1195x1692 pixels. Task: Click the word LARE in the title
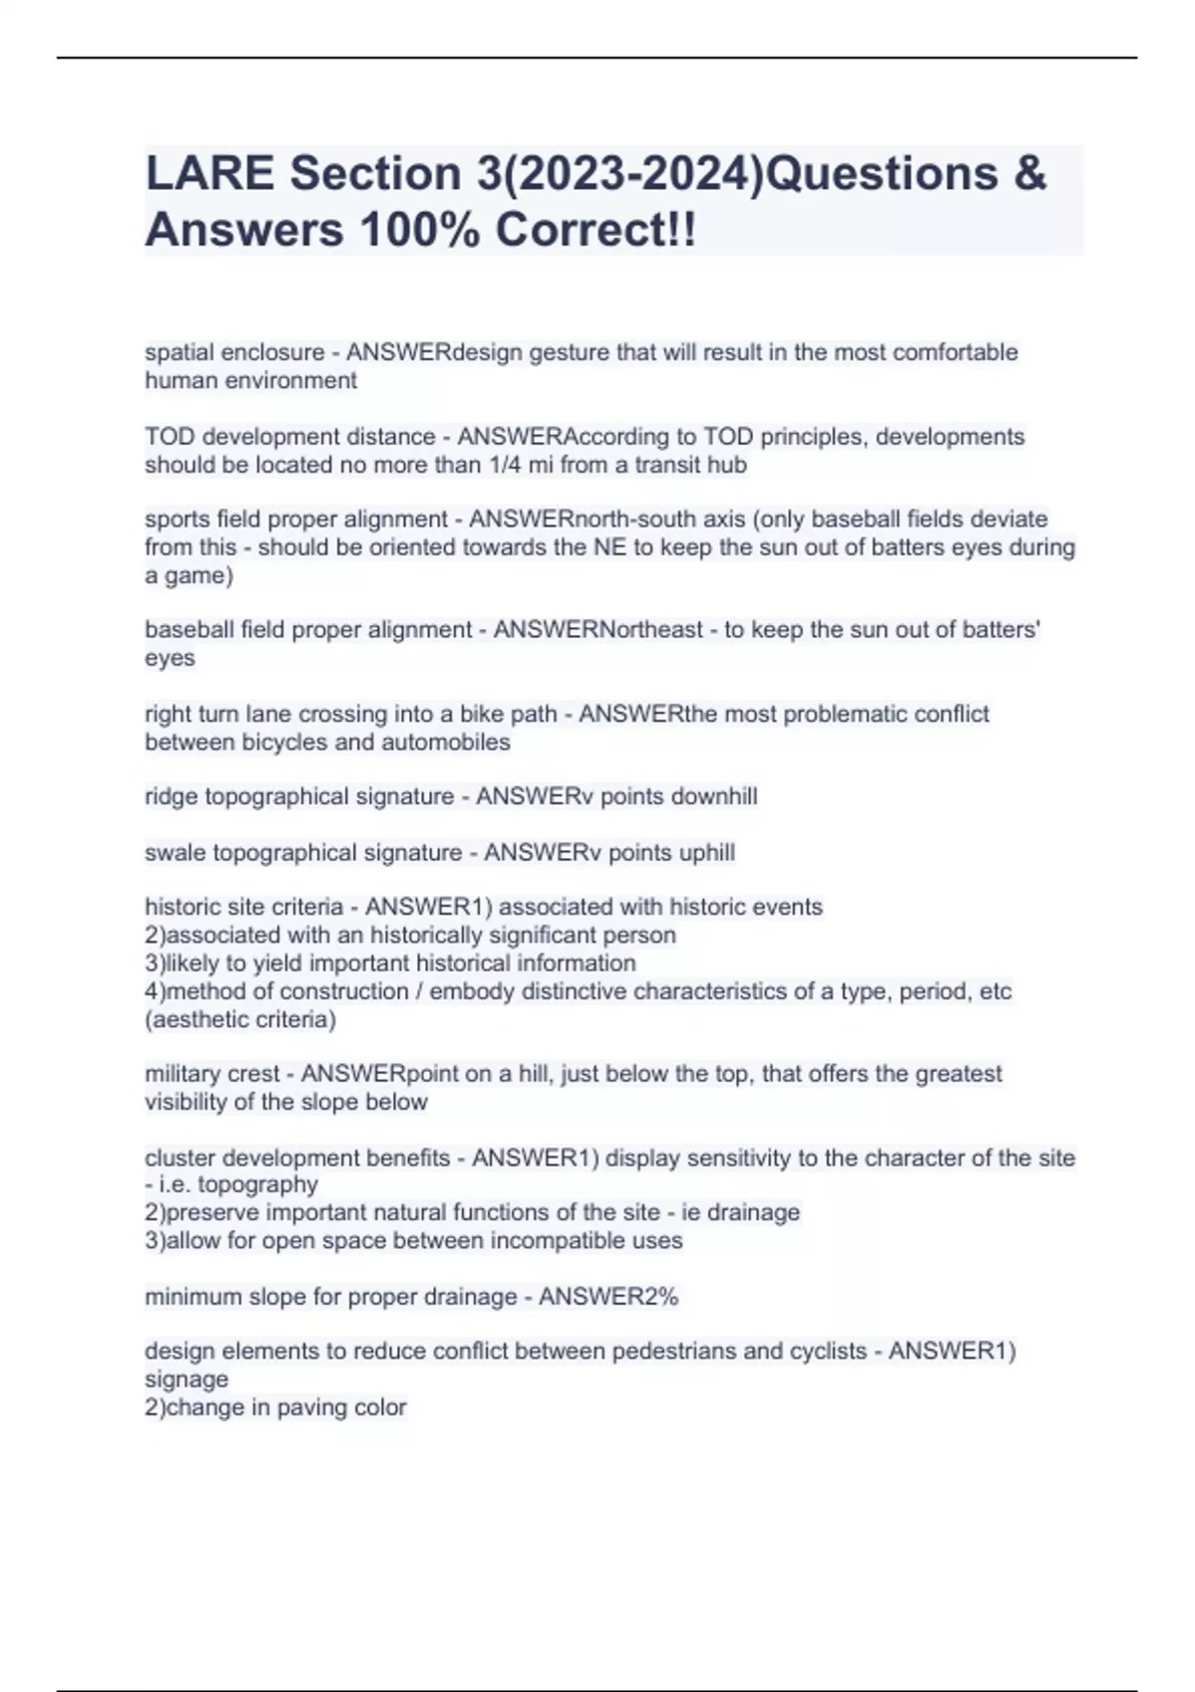click(x=208, y=173)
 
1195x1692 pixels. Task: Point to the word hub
click(x=727, y=465)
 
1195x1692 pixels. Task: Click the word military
click(x=182, y=1073)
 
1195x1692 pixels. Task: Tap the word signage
click(x=186, y=1378)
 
